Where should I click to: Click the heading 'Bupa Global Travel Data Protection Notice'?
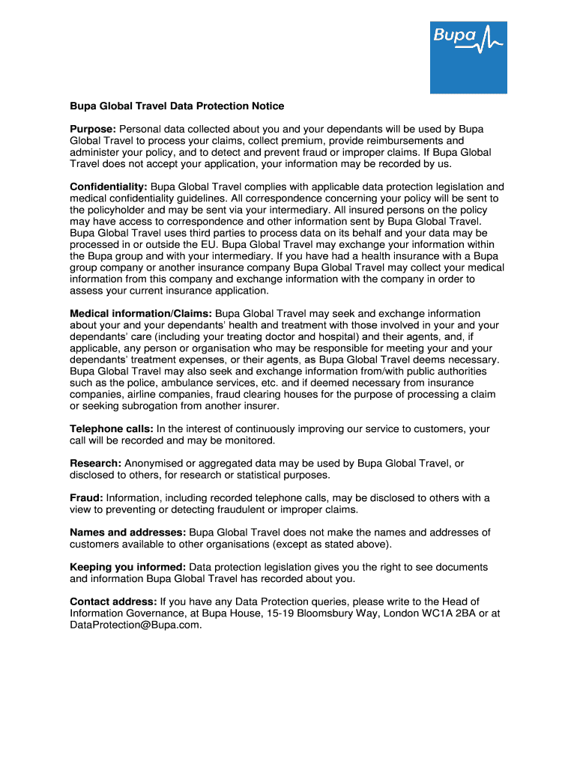(177, 106)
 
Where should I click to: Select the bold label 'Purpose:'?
(93, 129)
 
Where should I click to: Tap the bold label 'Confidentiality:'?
(109, 187)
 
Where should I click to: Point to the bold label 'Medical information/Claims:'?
(141, 313)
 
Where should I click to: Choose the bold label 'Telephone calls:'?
(111, 428)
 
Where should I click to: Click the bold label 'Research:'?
(96, 464)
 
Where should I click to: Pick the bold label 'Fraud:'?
(86, 498)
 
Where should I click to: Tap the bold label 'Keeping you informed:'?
(128, 567)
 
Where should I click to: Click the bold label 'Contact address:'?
(113, 601)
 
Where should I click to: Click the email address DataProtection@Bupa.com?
(136, 625)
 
